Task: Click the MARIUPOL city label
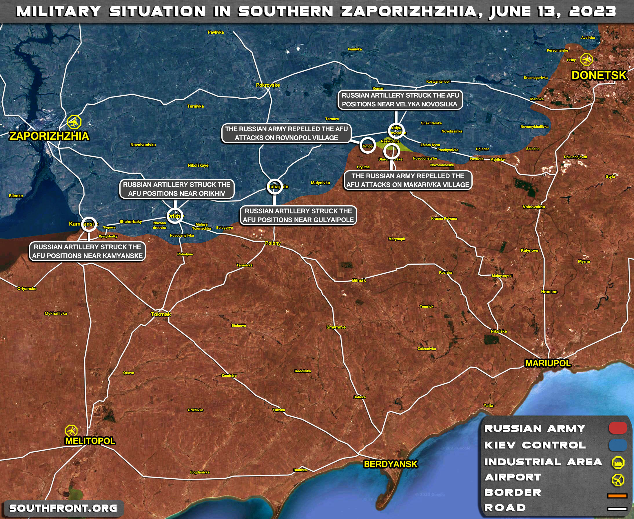[x=548, y=363]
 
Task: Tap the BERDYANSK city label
[x=391, y=464]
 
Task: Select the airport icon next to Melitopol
[x=71, y=431]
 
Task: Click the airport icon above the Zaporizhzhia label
[x=74, y=122]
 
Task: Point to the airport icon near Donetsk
[x=586, y=59]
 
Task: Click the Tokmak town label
[x=161, y=314]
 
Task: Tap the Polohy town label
[x=273, y=243]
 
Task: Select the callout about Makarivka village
[x=408, y=180]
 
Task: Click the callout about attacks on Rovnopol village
[x=286, y=133]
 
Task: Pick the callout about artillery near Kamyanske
[x=87, y=251]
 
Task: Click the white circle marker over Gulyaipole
[x=275, y=186]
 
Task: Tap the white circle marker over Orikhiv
[x=175, y=216]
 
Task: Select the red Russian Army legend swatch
[x=618, y=428]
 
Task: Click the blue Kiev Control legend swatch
[x=618, y=445]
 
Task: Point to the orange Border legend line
[x=617, y=496]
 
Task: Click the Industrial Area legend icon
[x=618, y=462]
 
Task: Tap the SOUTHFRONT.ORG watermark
[x=63, y=508]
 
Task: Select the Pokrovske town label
[x=268, y=85]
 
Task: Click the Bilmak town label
[x=359, y=280]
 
